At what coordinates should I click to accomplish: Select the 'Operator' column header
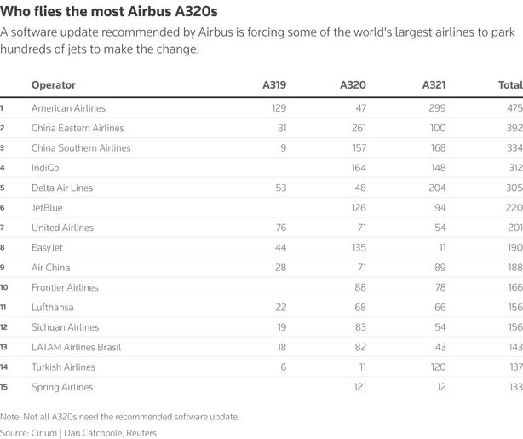pyautogui.click(x=53, y=85)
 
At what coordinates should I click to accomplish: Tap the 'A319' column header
pyautogui.click(x=273, y=85)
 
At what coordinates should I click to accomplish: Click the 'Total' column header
pyautogui.click(x=509, y=85)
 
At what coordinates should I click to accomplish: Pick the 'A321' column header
pyautogui.click(x=434, y=85)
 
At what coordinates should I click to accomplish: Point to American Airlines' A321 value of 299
pyautogui.click(x=437, y=108)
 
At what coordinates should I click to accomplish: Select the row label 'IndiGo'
pyautogui.click(x=46, y=168)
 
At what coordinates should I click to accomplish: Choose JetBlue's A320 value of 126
pyautogui.click(x=358, y=208)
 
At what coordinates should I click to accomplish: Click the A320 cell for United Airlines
pyautogui.click(x=360, y=228)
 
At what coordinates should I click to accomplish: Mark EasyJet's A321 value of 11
pyautogui.click(x=441, y=247)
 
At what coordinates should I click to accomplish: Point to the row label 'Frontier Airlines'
pyautogui.click(x=65, y=287)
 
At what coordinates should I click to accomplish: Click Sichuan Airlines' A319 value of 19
pyautogui.click(x=280, y=327)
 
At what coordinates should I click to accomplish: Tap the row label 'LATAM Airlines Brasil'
pyautogui.click(x=76, y=347)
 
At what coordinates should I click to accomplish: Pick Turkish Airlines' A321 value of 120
pyautogui.click(x=437, y=367)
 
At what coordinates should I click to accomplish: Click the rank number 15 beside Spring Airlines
pyautogui.click(x=3, y=387)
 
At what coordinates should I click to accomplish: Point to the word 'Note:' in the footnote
pyautogui.click(x=12, y=417)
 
